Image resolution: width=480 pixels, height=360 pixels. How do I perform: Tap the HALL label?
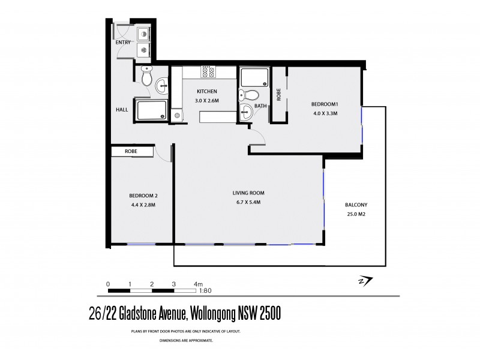click(x=122, y=110)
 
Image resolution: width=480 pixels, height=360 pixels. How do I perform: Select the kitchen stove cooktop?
click(x=208, y=72)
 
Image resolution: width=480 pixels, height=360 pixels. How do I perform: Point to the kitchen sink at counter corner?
click(x=176, y=114)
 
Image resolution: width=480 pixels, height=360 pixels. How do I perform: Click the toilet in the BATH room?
click(x=253, y=95)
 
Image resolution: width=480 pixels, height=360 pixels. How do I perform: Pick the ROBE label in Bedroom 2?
click(x=131, y=152)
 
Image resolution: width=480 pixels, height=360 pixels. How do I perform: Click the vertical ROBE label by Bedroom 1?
click(x=278, y=94)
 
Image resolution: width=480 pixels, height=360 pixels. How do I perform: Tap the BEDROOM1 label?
click(x=325, y=104)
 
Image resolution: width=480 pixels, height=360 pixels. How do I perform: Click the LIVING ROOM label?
click(x=249, y=193)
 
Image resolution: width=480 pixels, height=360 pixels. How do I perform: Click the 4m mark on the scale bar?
click(x=198, y=284)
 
